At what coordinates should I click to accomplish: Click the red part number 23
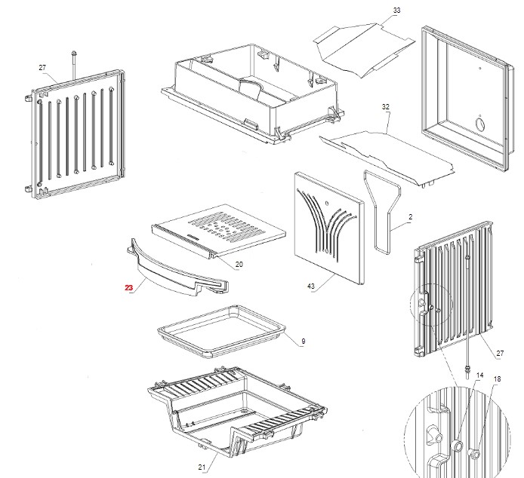[x=129, y=288]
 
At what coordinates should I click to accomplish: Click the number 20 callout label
[x=239, y=265]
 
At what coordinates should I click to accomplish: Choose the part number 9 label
[x=303, y=342]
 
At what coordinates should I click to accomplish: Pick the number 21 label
[x=202, y=467]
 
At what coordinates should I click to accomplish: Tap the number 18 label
[x=497, y=379]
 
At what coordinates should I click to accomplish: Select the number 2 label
[x=410, y=217]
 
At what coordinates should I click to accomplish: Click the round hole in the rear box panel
[x=478, y=123]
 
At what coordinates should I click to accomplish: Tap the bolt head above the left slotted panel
[x=74, y=53]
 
